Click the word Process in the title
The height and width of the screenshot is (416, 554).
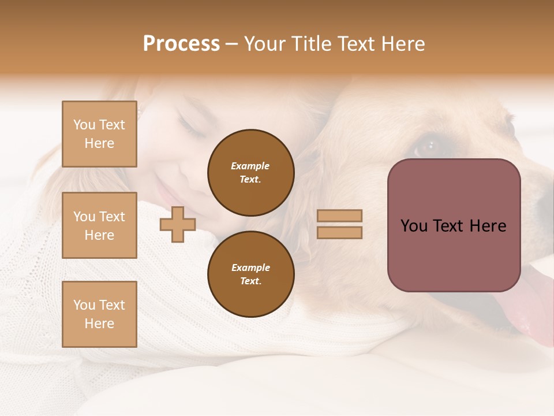tap(181, 44)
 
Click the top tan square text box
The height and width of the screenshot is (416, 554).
tap(99, 134)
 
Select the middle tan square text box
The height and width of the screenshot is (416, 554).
tap(99, 225)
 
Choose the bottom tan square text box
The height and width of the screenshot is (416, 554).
tap(99, 314)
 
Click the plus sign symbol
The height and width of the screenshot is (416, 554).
tap(178, 224)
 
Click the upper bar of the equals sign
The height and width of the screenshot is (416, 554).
tap(340, 216)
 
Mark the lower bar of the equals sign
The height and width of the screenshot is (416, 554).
tap(340, 232)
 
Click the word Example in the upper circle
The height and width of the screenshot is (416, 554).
tap(250, 166)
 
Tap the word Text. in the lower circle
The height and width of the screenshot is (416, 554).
tap(250, 281)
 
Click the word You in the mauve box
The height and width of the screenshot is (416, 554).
tap(414, 226)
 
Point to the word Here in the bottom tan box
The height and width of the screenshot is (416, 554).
tap(99, 324)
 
